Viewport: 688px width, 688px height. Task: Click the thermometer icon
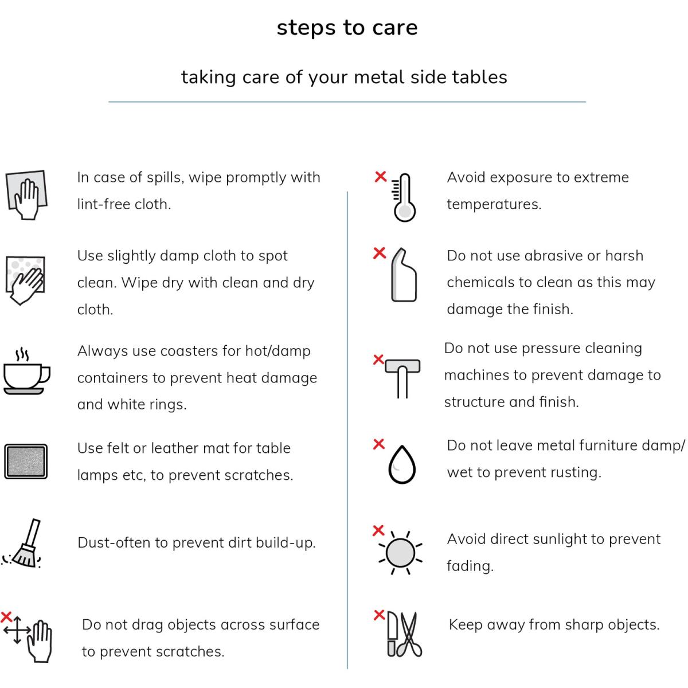pyautogui.click(x=404, y=197)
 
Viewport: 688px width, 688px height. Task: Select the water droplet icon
pyautogui.click(x=402, y=464)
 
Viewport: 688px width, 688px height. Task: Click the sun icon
pyautogui.click(x=400, y=553)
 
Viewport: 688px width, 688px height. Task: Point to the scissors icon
pyautogui.click(x=411, y=635)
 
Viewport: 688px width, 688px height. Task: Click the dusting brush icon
pyautogui.click(x=22, y=543)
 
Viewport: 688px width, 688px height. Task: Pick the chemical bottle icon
pyautogui.click(x=404, y=275)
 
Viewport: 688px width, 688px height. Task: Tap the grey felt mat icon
pyautogui.click(x=26, y=462)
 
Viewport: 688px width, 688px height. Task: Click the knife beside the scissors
pyautogui.click(x=392, y=635)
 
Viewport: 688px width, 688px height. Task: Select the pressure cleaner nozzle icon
pyautogui.click(x=402, y=378)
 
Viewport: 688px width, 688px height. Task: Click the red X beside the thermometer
pyautogui.click(x=381, y=177)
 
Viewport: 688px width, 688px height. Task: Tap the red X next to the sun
pyautogui.click(x=378, y=530)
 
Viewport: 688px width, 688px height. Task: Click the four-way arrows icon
pyautogui.click(x=17, y=630)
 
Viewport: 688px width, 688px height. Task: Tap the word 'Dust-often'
pyautogui.click(x=114, y=543)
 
